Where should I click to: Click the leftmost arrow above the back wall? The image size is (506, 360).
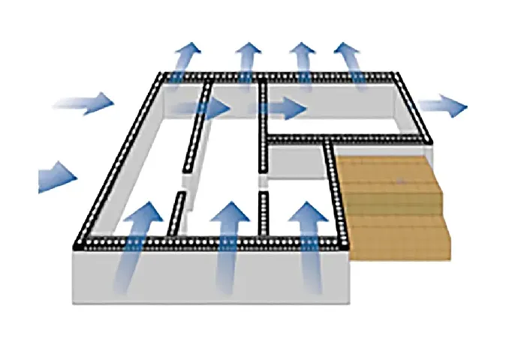click(x=184, y=60)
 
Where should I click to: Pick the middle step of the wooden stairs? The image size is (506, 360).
click(x=394, y=200)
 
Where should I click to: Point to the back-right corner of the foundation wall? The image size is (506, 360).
click(x=398, y=75)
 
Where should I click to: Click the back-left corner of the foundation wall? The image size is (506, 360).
click(x=164, y=76)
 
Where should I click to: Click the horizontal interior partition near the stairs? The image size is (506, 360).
click(x=345, y=140)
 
